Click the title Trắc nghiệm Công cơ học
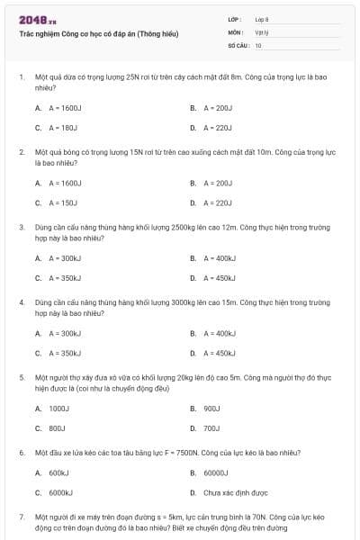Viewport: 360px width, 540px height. click(x=98, y=33)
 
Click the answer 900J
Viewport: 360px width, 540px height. click(x=211, y=408)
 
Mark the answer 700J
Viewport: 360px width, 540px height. click(x=211, y=427)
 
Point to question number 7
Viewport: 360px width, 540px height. click(x=21, y=518)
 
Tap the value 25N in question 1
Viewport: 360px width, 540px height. click(x=133, y=77)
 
